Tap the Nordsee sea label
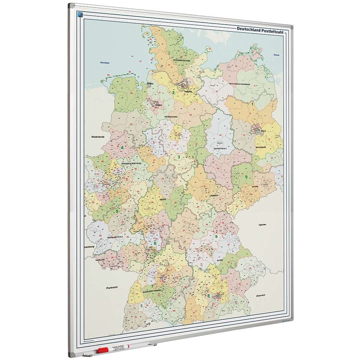coord(105,63)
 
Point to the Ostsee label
coord(276,55)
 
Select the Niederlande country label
coord(98,137)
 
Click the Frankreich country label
coord(112,288)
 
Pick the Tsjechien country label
coord(262,225)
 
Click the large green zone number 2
coord(173,93)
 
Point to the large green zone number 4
coord(122,147)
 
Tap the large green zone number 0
coord(247,177)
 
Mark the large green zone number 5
coord(117,211)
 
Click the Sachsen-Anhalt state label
coord(220,148)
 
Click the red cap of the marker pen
coord(103,350)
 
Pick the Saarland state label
coord(100,260)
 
